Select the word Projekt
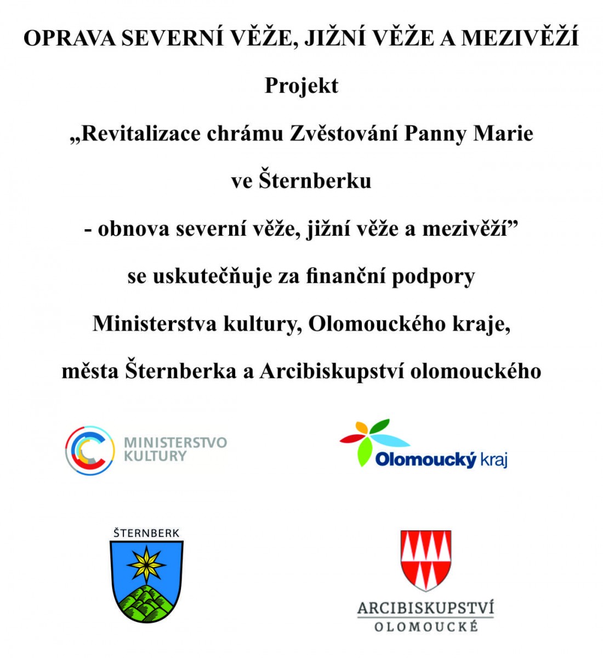301,86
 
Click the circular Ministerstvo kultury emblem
90,450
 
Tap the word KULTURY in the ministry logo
155,456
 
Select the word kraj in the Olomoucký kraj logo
494,460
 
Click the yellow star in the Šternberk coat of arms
146,564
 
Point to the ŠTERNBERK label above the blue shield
146,533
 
